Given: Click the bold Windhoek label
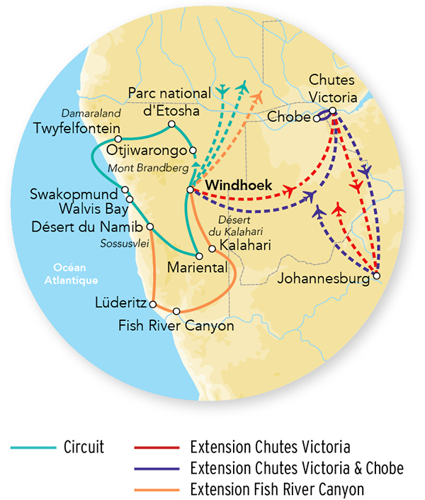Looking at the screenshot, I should (234, 184).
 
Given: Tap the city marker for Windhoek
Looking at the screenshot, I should (190, 190).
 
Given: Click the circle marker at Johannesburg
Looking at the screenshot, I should (376, 275).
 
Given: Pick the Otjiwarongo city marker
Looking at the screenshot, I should (192, 150).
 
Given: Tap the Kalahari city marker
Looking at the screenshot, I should (212, 248).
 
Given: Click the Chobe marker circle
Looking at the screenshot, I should (317, 118).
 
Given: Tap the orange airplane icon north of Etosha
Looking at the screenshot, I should (259, 96).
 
